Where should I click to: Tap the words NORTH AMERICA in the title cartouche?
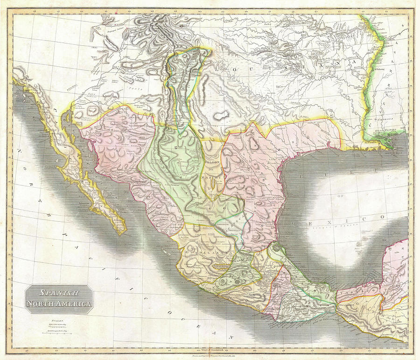[59, 304]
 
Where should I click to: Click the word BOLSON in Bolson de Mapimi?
[212, 162]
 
